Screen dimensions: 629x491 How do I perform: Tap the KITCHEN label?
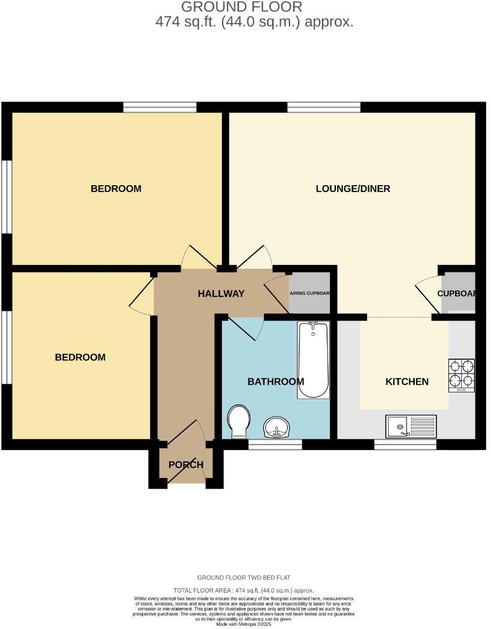point(407,381)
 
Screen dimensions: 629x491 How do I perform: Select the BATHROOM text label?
point(275,381)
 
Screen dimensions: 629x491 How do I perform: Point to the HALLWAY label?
point(221,293)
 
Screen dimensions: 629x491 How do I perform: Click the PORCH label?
point(186,465)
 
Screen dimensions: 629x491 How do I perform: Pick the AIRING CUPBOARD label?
point(309,293)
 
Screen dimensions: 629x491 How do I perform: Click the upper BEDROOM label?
point(116,188)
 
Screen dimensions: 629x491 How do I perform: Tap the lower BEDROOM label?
point(80,357)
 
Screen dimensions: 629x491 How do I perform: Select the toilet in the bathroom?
point(238,420)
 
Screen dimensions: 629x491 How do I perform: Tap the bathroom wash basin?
point(276,427)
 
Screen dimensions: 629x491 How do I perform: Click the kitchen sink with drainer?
point(411,425)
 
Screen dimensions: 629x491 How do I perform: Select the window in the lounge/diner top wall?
point(324,107)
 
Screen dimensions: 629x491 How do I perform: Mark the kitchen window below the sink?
point(405,445)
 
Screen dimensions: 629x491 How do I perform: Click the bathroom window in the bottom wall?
point(275,445)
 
